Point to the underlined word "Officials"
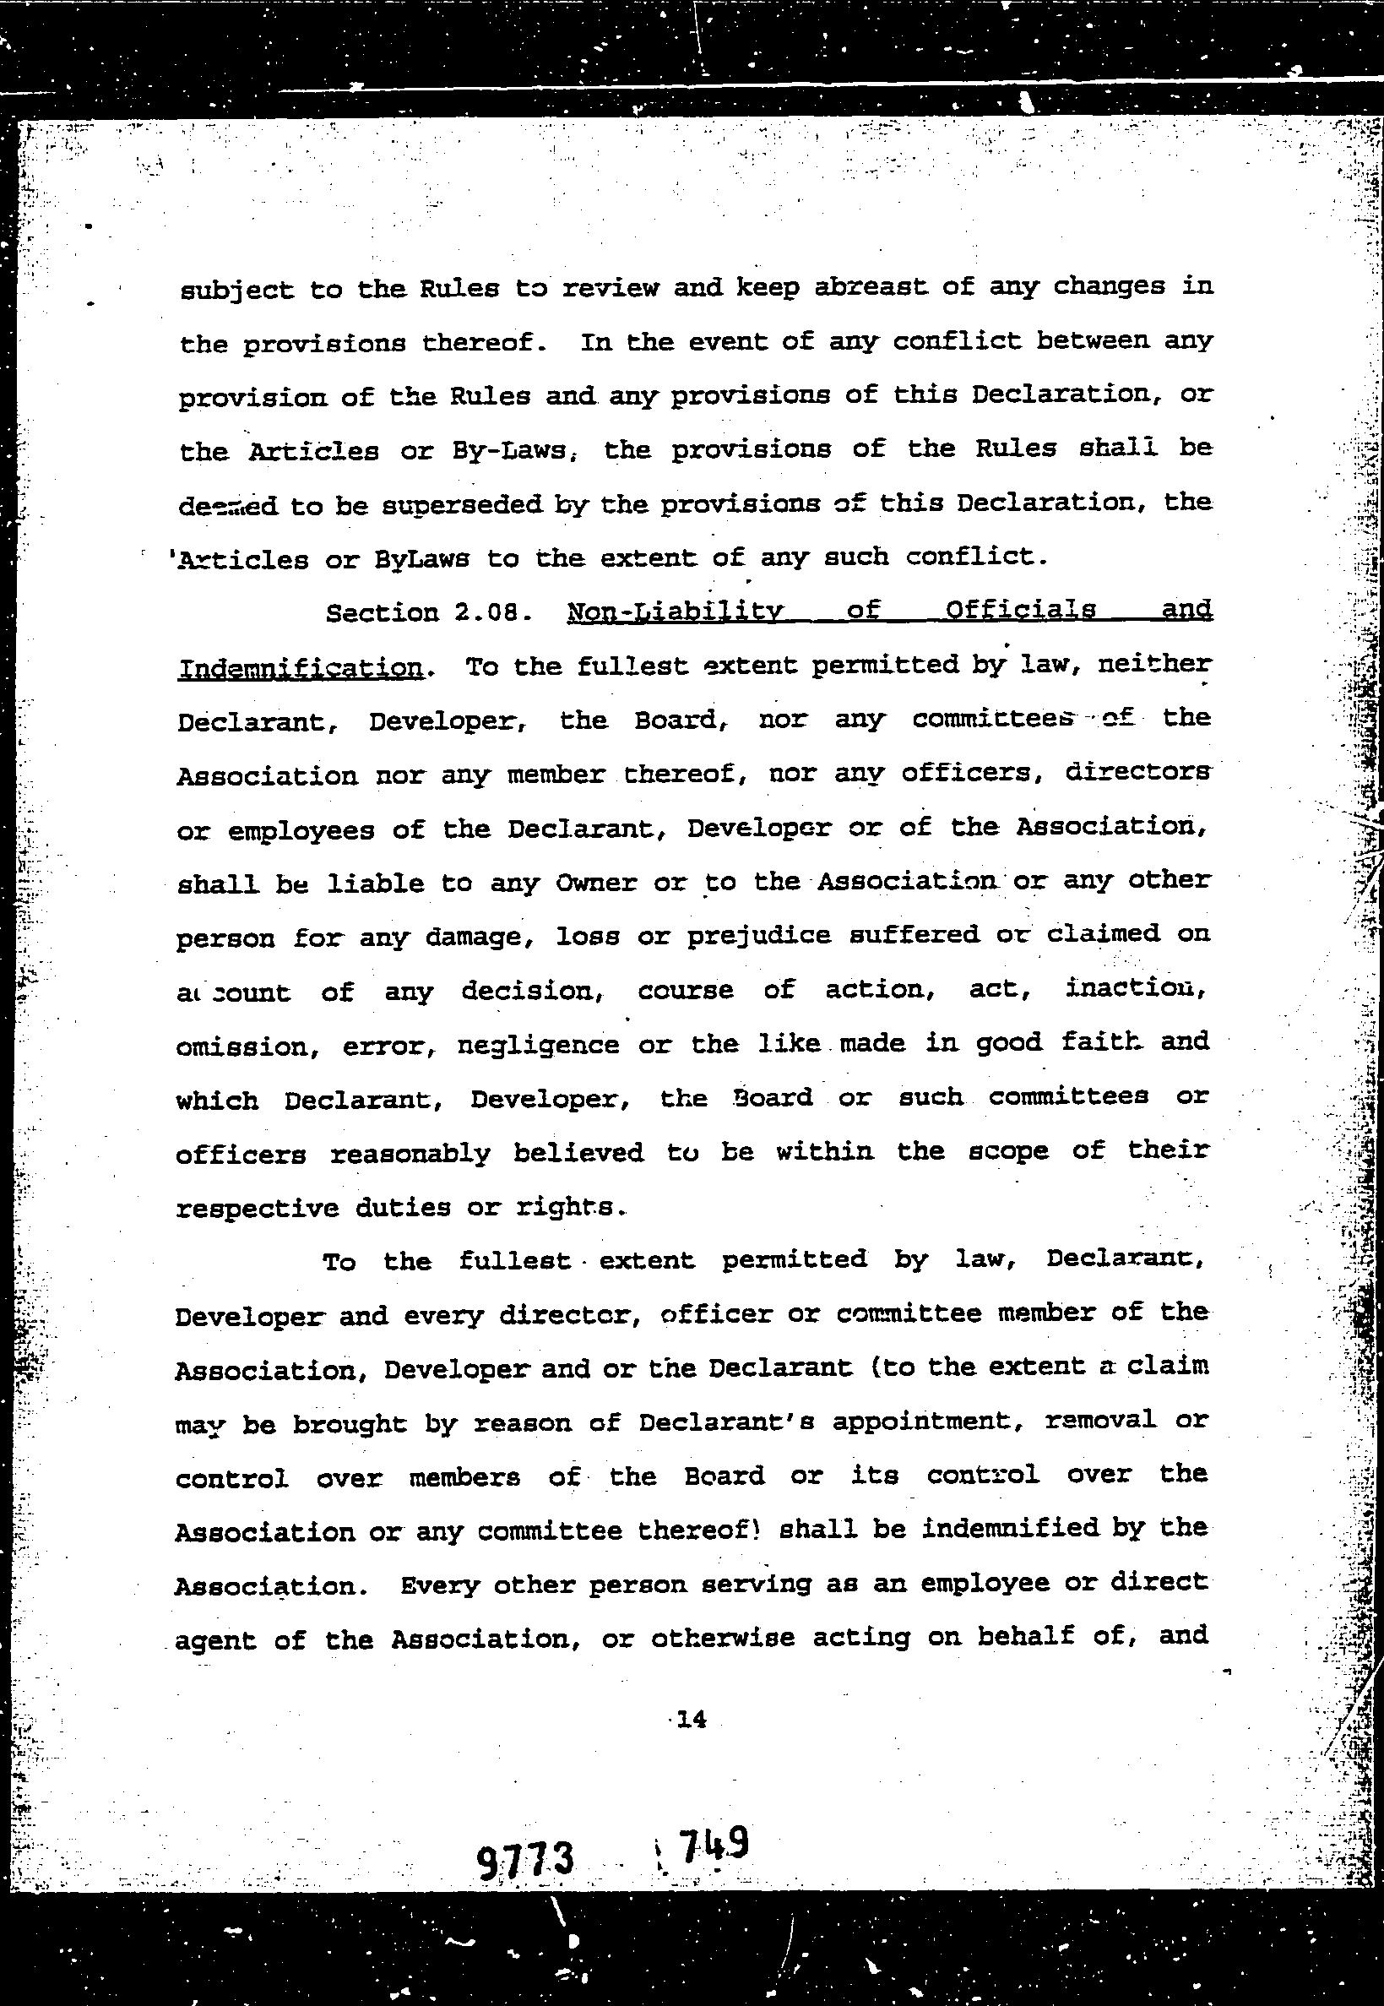[x=1020, y=610]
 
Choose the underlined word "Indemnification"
[x=300, y=668]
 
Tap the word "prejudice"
[x=759, y=937]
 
